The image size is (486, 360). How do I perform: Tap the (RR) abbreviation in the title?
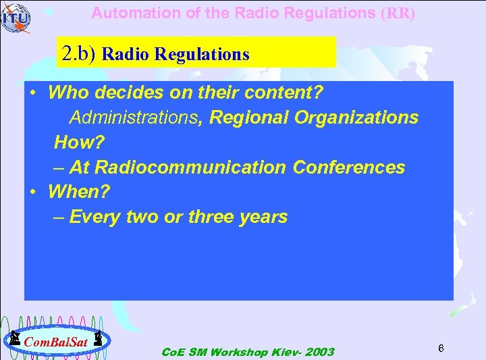coord(398,14)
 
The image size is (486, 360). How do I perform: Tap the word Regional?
coord(248,118)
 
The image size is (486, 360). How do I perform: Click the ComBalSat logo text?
coord(55,341)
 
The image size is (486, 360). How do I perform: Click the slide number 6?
coord(440,348)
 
